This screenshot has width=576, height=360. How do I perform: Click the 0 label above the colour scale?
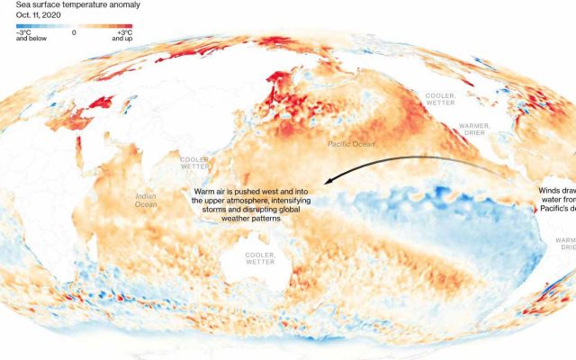74,32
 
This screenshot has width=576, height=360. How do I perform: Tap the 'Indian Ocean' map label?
146,200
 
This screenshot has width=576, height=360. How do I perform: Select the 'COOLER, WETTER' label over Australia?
261,258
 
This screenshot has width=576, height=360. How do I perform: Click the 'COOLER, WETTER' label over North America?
440,98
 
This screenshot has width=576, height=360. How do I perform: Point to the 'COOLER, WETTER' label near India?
195,163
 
